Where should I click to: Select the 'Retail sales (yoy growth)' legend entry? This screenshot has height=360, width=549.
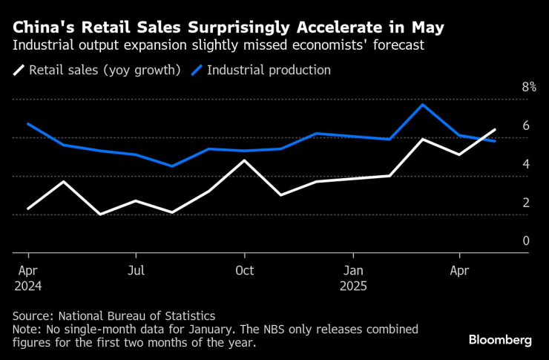(100, 71)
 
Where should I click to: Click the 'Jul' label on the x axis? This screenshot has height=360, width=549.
(136, 270)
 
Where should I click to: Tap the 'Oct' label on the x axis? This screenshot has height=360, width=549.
(244, 270)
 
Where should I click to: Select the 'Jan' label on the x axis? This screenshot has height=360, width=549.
(353, 270)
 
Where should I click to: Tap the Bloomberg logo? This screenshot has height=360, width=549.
(500, 339)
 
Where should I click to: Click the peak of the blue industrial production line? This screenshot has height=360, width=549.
(422, 105)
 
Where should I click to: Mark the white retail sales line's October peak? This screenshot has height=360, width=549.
(244, 160)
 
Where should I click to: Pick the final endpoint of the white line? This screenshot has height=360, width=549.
(495, 130)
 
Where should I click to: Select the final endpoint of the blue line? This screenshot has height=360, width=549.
(495, 141)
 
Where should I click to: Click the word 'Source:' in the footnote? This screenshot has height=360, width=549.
(35, 315)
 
